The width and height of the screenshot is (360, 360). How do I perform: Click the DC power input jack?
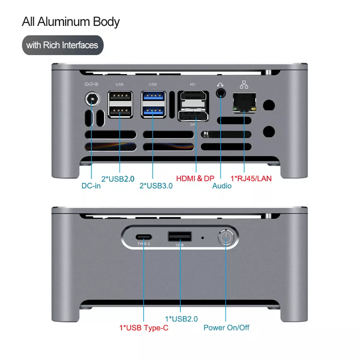(x=92, y=99)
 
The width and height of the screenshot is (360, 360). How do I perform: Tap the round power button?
(x=226, y=237)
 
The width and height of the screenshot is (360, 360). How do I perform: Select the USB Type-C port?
(x=144, y=237)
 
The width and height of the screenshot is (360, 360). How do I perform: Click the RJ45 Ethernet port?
(x=244, y=103)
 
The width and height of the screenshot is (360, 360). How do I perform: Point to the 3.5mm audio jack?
(x=221, y=93)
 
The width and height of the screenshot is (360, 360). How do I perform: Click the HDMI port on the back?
(x=193, y=99)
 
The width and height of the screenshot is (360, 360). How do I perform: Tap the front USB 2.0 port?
(x=180, y=237)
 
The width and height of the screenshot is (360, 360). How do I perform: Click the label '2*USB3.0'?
(x=156, y=186)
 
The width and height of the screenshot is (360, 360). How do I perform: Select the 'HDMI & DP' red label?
(x=195, y=179)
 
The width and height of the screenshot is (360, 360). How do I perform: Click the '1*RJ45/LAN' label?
(x=251, y=179)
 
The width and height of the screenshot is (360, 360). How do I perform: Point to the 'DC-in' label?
(x=91, y=186)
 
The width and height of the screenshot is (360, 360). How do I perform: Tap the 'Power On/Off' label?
(x=226, y=328)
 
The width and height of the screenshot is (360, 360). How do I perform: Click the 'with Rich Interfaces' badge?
(x=63, y=45)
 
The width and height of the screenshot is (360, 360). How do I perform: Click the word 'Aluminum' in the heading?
(x=63, y=22)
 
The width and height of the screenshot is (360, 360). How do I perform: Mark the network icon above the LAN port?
(x=244, y=85)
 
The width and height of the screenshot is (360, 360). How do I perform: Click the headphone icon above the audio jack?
(x=220, y=85)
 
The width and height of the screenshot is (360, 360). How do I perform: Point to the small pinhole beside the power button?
(x=202, y=238)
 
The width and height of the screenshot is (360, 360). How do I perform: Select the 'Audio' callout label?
(x=222, y=186)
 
